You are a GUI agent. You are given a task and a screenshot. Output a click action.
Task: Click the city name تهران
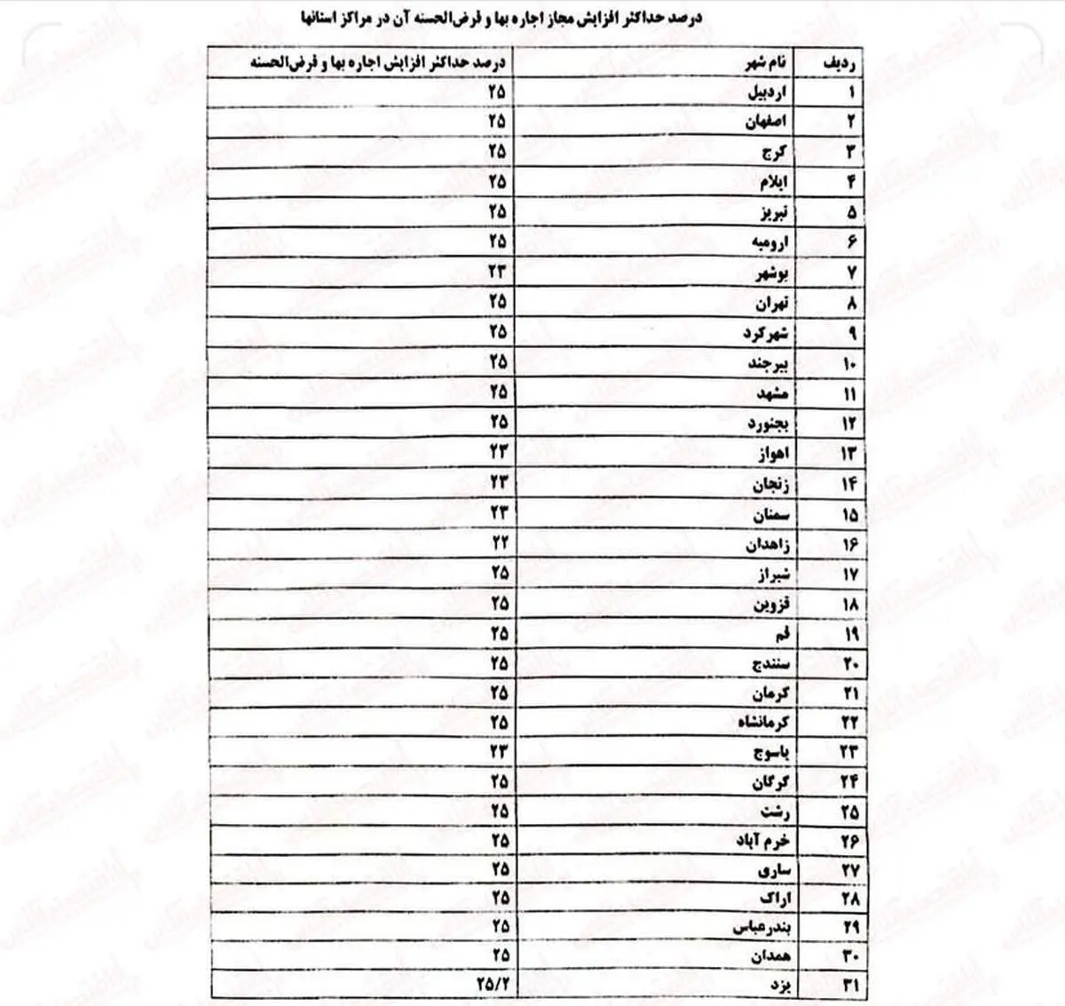pyautogui.click(x=771, y=303)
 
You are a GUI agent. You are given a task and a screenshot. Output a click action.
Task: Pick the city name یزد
pyautogui.click(x=779, y=986)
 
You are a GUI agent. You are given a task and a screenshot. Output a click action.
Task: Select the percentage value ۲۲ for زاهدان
pyautogui.click(x=500, y=543)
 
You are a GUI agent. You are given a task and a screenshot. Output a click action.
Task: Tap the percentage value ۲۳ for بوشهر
pyautogui.click(x=499, y=272)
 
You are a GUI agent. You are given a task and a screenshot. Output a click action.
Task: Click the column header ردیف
pyautogui.click(x=840, y=62)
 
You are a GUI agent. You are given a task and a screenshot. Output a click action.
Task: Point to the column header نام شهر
pyautogui.click(x=764, y=62)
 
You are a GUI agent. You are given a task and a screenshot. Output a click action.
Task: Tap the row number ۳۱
pyautogui.click(x=849, y=986)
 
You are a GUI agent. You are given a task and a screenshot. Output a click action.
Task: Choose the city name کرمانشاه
pyautogui.click(x=762, y=723)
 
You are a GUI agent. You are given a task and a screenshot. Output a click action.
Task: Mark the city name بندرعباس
pyautogui.click(x=761, y=927)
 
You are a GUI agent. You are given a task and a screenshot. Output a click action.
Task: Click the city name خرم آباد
pyautogui.click(x=762, y=840)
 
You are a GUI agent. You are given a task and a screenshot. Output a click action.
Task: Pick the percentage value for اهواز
pyautogui.click(x=499, y=452)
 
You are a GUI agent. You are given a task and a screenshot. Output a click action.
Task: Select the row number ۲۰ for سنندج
pyautogui.click(x=849, y=663)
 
